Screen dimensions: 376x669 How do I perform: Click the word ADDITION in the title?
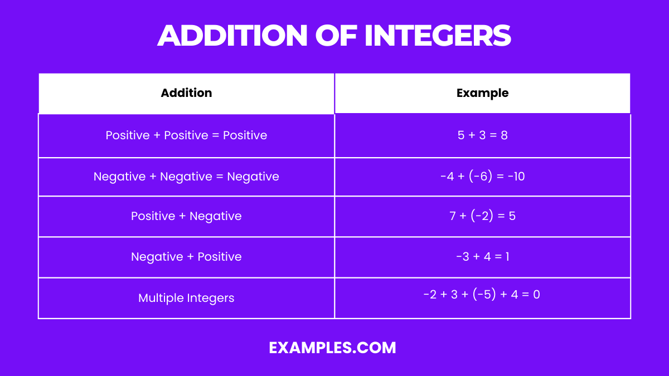232,36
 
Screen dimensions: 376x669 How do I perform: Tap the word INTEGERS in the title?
438,36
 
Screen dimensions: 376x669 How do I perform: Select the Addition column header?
186,93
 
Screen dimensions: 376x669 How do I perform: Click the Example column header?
482,93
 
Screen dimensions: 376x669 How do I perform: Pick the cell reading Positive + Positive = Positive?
186,135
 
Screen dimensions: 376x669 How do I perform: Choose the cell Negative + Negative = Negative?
186,177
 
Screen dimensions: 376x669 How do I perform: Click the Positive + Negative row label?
186,216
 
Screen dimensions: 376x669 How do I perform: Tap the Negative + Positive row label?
186,257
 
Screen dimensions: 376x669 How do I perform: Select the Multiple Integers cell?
186,298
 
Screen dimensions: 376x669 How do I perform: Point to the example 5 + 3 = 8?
482,135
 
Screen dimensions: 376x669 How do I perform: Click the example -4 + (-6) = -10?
482,177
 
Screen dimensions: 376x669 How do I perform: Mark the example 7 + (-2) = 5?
482,216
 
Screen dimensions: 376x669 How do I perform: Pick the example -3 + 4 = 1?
482,257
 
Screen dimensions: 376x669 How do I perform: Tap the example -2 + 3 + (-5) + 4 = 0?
482,294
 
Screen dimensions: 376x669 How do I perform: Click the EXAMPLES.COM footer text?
332,348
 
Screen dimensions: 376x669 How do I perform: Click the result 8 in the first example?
504,135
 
